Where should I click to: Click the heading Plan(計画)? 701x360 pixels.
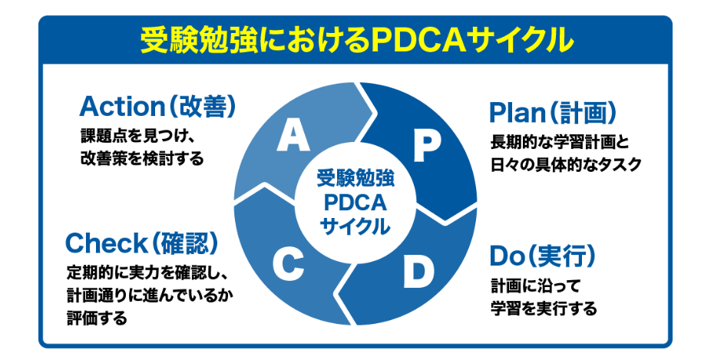552,113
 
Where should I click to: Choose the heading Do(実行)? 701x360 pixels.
543,255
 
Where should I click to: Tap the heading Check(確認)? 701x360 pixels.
141,244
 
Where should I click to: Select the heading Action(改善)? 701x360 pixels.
157,106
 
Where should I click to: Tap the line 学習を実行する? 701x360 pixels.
544,309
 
